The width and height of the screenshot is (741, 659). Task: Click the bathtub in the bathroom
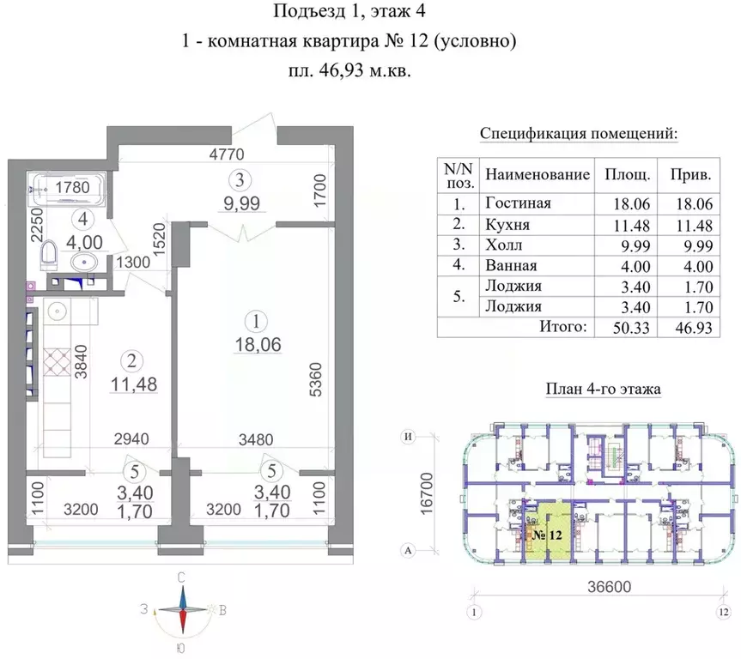pos(67,189)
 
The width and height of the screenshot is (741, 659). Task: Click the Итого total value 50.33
pos(624,327)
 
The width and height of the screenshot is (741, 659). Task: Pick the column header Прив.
pos(691,174)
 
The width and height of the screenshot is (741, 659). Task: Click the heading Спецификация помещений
pos(578,134)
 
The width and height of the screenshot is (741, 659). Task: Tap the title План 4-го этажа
pos(602,389)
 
